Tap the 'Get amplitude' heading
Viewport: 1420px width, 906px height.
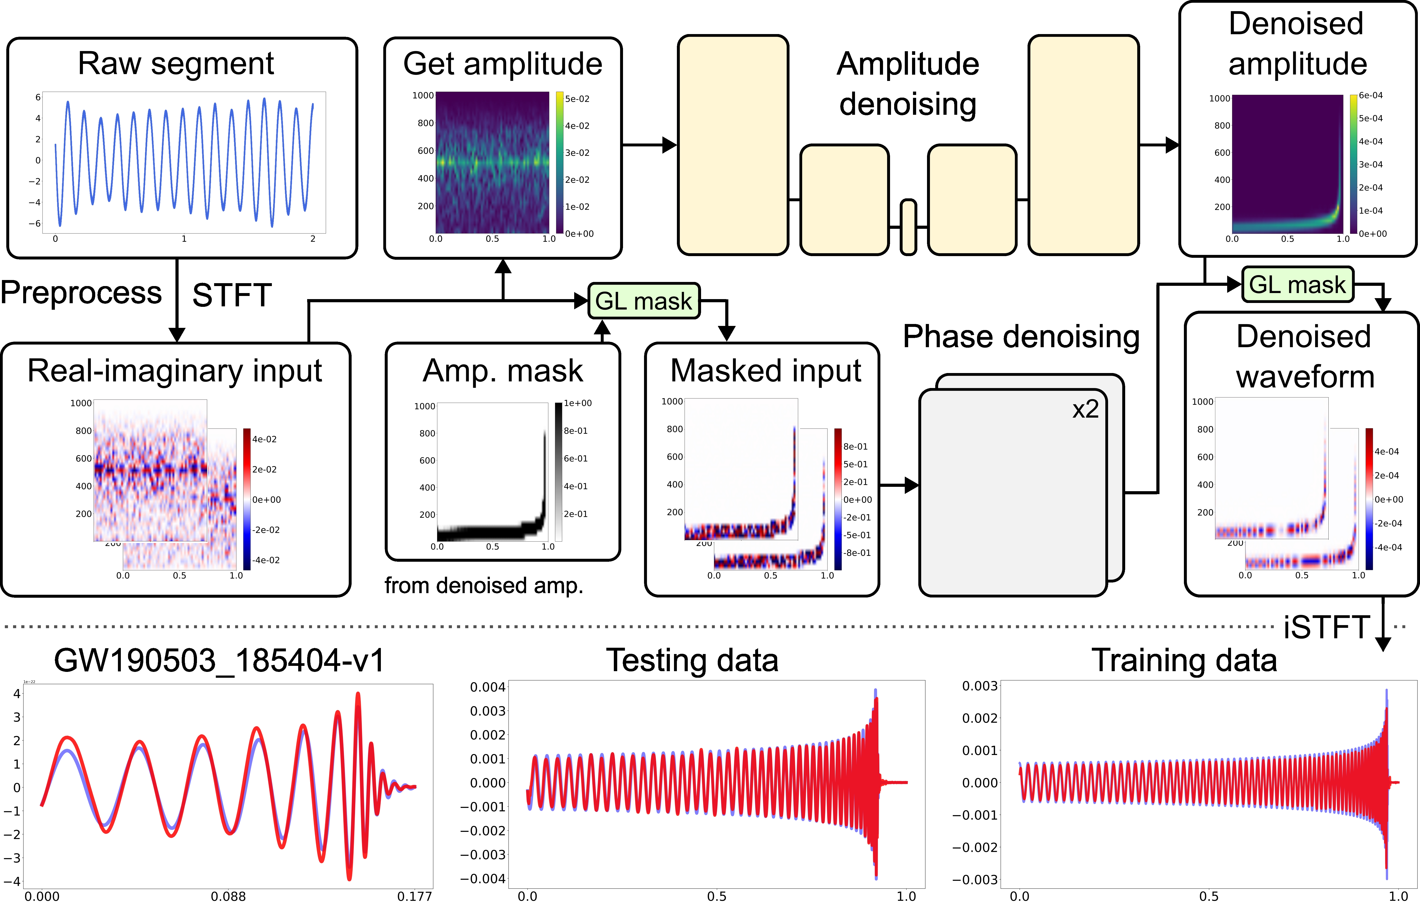502,64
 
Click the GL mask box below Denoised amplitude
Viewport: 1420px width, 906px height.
1297,285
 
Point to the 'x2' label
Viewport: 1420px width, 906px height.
1085,409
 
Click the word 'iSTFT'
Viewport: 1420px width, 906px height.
1326,627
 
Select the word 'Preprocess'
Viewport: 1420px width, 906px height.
81,293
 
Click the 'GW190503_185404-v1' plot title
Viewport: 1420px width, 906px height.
219,660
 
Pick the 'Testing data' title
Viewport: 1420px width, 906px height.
692,660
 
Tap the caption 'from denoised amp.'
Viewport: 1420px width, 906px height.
484,585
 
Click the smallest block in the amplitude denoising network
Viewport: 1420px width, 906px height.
908,228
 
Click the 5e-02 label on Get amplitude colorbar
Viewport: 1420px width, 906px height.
577,99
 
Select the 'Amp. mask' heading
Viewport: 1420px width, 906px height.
502,371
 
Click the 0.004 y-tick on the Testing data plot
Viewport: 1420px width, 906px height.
488,687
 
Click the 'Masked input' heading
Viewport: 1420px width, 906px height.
765,371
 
